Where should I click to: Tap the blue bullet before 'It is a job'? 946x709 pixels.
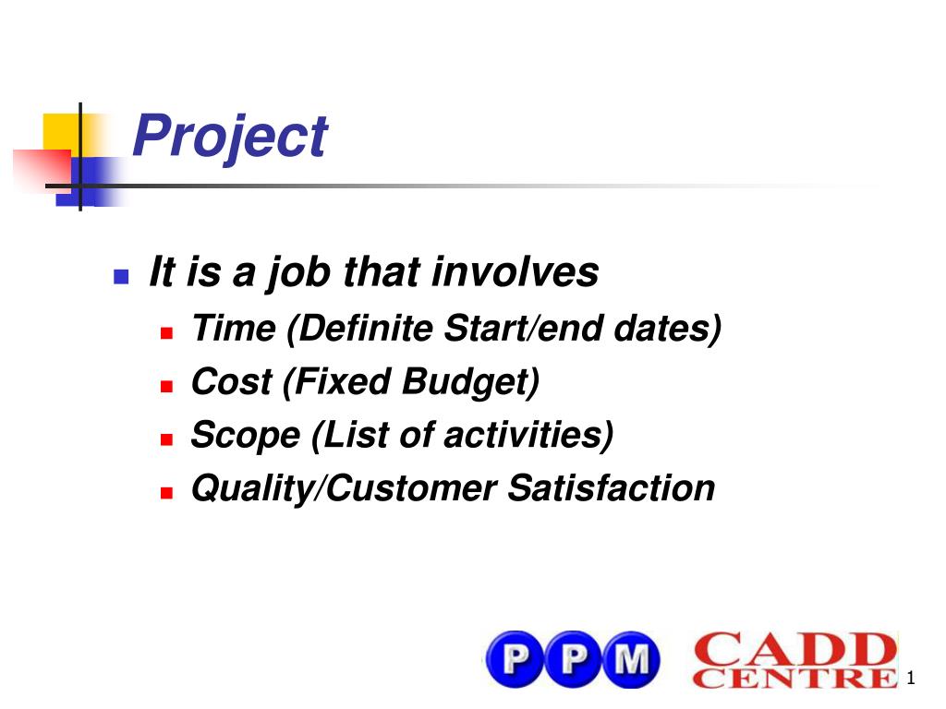(x=121, y=276)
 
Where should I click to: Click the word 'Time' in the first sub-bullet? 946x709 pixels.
(x=234, y=329)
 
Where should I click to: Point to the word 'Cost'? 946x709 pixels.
(x=232, y=381)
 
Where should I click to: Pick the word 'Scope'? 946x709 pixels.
(x=246, y=436)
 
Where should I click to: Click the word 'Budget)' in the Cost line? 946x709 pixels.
(x=470, y=383)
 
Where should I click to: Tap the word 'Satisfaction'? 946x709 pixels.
(x=611, y=487)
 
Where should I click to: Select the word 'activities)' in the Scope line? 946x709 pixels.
(x=528, y=435)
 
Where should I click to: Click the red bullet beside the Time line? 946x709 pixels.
(x=167, y=332)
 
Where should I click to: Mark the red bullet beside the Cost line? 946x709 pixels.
(x=167, y=386)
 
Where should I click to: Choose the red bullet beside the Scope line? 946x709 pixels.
(x=167, y=439)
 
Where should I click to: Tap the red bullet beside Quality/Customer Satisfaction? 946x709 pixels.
(x=167, y=493)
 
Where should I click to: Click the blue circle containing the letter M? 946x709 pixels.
(x=631, y=659)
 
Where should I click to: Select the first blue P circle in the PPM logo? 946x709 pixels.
(x=515, y=659)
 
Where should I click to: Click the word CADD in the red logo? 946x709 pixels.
(x=795, y=649)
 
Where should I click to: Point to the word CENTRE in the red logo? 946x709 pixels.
(x=795, y=678)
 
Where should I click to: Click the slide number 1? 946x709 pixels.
(x=910, y=678)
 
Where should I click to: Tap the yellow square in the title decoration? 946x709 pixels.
(x=62, y=132)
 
